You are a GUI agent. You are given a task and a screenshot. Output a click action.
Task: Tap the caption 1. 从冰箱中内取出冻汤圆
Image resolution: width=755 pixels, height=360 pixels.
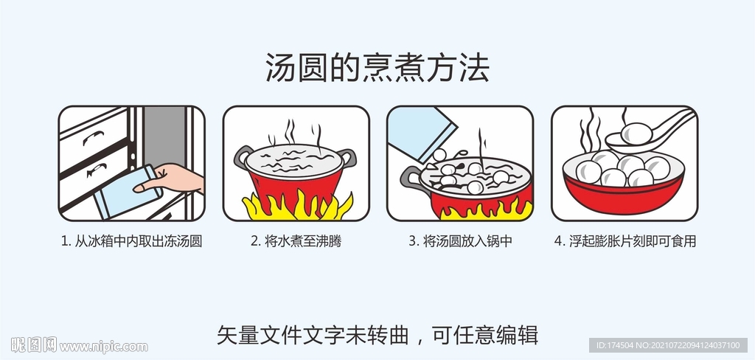pyautogui.click(x=131, y=241)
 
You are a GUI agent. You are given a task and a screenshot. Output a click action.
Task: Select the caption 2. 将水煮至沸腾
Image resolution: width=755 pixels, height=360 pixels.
pyautogui.click(x=296, y=241)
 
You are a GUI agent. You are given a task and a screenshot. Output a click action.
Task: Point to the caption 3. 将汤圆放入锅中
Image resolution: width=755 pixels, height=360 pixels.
pyautogui.click(x=460, y=241)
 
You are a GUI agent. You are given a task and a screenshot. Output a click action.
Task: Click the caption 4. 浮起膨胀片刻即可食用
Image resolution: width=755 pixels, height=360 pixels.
pyautogui.click(x=624, y=241)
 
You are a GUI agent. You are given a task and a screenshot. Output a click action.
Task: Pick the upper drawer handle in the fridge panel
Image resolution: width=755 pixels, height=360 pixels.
pyautogui.click(x=94, y=137)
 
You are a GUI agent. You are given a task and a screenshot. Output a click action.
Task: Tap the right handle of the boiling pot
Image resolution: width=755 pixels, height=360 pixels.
pyautogui.click(x=347, y=156)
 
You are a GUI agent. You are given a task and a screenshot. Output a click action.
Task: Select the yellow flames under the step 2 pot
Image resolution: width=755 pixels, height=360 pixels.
pyautogui.click(x=295, y=207)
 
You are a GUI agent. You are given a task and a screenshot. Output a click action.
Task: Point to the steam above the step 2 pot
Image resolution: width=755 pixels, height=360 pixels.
pyautogui.click(x=295, y=134)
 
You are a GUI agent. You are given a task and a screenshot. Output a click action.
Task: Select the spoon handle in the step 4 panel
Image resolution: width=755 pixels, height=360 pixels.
pyautogui.click(x=677, y=122)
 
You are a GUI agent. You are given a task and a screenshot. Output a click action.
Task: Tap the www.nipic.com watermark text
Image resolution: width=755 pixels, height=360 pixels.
pyautogui.click(x=103, y=346)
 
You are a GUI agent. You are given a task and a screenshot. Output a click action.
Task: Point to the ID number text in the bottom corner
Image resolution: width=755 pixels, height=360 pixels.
pyautogui.click(x=667, y=345)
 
